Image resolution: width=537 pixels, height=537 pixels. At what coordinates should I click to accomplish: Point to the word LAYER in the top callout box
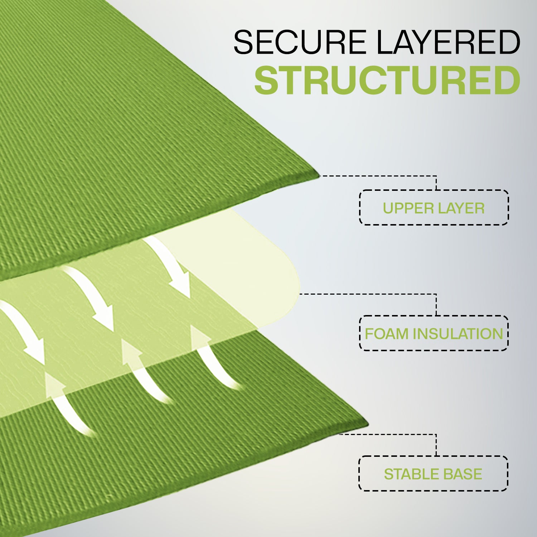tap(460, 208)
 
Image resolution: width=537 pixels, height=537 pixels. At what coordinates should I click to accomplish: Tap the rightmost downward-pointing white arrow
tap(168, 267)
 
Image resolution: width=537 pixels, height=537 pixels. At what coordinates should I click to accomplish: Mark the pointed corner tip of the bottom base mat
tap(368, 425)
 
